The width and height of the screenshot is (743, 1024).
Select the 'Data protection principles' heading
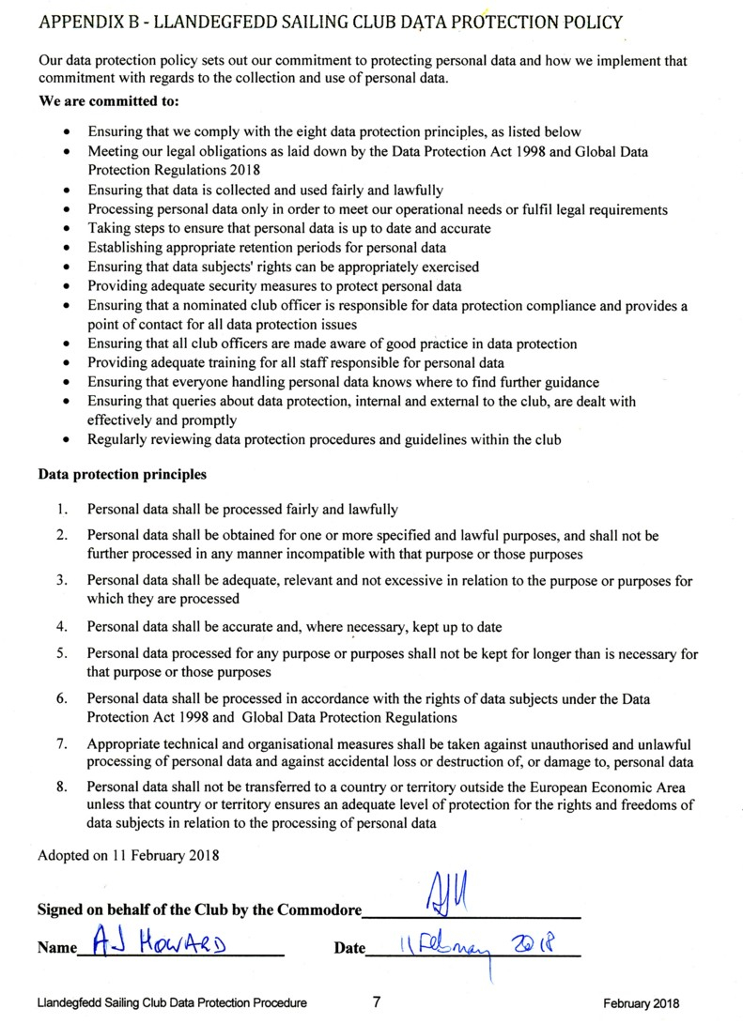(x=122, y=474)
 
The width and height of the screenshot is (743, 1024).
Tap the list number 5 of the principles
(x=61, y=653)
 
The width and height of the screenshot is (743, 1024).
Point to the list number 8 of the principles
(x=61, y=787)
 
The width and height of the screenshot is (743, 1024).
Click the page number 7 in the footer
(x=376, y=1002)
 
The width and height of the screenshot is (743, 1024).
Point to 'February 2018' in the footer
(x=642, y=1003)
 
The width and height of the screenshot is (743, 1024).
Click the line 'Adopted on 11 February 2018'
(x=128, y=855)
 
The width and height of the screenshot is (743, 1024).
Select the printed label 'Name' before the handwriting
(x=56, y=948)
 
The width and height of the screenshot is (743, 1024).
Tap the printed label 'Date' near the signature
(x=349, y=948)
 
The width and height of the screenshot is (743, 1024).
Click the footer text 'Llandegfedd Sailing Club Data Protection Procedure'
(x=172, y=1003)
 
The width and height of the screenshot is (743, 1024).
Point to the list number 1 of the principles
(x=61, y=510)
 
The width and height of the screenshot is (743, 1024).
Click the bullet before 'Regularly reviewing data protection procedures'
(x=65, y=439)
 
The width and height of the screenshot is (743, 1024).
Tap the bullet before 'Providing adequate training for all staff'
(x=65, y=363)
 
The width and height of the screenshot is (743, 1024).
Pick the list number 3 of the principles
(x=61, y=581)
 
